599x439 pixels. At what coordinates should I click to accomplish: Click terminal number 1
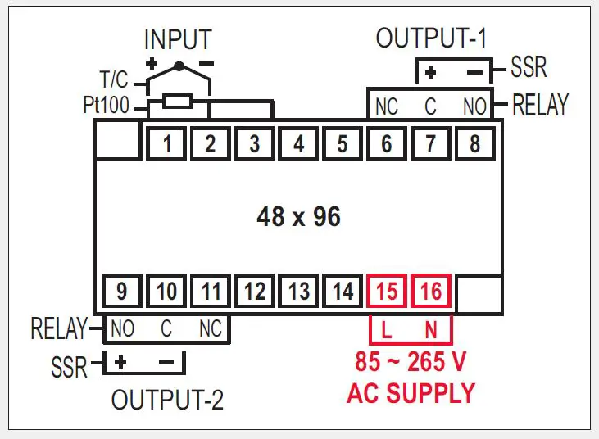tap(167, 144)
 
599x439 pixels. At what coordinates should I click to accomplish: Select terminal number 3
tap(255, 144)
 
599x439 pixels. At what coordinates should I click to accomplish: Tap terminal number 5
tap(343, 144)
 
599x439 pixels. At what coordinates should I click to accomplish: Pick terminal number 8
tap(474, 144)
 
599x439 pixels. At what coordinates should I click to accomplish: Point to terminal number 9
tap(122, 291)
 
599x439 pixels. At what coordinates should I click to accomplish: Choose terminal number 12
tap(255, 291)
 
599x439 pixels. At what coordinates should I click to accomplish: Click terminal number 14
tap(343, 291)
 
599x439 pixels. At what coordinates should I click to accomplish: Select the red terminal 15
tap(387, 291)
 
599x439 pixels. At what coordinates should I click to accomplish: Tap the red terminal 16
tap(431, 291)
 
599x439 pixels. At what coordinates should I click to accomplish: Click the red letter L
tap(387, 331)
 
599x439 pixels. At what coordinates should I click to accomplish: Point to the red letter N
tap(430, 331)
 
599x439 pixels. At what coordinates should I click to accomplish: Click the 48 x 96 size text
tap(298, 217)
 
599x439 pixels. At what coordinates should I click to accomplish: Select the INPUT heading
tap(178, 39)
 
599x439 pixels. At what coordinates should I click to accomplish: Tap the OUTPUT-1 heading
tap(431, 38)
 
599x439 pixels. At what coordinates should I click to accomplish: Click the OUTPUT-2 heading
tap(167, 401)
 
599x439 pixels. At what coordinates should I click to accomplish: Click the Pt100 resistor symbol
tap(177, 102)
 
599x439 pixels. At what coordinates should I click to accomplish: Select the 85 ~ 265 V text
tap(411, 361)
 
